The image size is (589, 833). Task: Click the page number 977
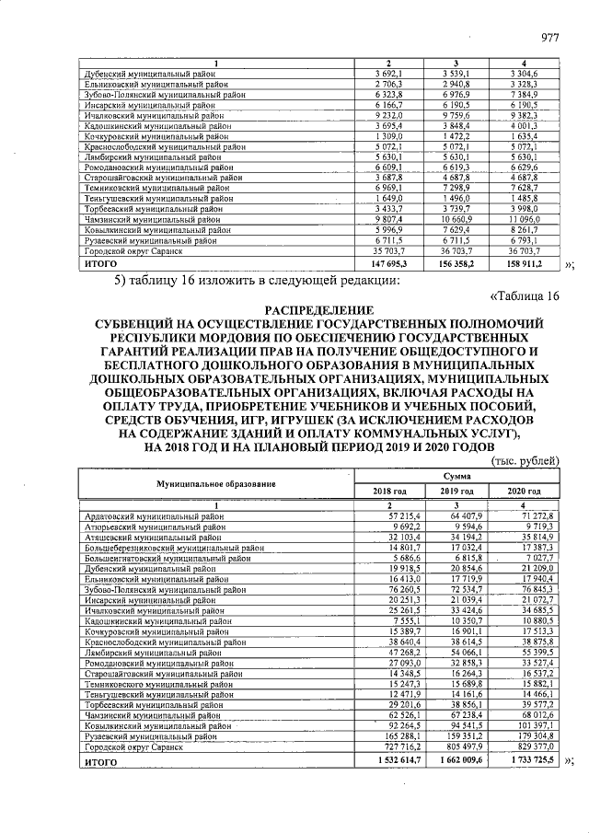click(549, 38)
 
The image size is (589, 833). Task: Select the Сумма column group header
click(456, 476)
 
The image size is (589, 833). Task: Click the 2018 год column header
click(387, 492)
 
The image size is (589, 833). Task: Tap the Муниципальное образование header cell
click(215, 483)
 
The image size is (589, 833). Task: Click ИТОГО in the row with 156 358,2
click(101, 262)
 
